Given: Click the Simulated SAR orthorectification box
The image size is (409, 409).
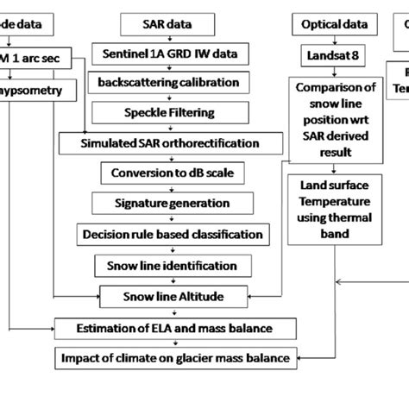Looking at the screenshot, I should pos(172,142).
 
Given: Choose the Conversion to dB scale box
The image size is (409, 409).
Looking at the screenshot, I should pos(172,173).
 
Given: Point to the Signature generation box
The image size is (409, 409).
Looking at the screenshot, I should pos(172,204).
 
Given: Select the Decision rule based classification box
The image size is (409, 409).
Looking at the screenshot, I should pos(172,235).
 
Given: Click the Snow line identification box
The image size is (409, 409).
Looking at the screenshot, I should pos(172,266).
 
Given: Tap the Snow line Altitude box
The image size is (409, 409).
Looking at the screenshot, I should pos(172,297).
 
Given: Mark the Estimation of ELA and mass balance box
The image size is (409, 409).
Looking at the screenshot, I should pos(173,328).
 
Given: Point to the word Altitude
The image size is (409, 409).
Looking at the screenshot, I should pos(198,297).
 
